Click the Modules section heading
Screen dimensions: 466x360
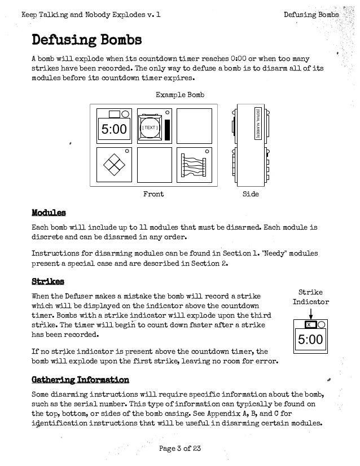(49, 213)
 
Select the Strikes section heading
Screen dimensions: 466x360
(47, 280)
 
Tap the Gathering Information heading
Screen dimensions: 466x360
(80, 379)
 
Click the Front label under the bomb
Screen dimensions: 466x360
(153, 194)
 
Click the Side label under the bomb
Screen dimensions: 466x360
(250, 194)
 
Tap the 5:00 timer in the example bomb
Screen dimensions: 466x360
(114, 130)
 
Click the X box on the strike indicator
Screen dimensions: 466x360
(308, 326)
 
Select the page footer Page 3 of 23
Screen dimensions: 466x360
(180, 449)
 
